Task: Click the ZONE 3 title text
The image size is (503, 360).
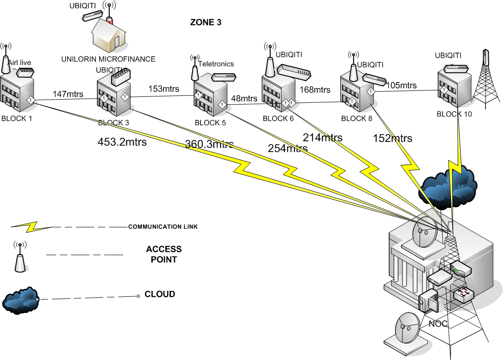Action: click(206, 22)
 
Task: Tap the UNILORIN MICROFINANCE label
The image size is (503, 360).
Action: click(108, 59)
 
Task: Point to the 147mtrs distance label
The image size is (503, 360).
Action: click(68, 94)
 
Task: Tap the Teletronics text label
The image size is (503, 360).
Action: click(216, 64)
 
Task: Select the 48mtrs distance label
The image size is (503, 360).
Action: click(244, 98)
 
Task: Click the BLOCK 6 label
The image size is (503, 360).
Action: click(278, 118)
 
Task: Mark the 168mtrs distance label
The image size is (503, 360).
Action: click(315, 89)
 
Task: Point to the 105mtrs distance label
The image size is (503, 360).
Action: click(401, 85)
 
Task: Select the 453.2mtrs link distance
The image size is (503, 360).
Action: click(122, 142)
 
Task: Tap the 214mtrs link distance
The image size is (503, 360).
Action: click(322, 137)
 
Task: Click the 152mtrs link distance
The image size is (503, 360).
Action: click(392, 138)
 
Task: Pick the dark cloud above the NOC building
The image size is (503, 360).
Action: click(447, 184)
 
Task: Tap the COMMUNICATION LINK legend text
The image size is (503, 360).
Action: click(169, 227)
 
